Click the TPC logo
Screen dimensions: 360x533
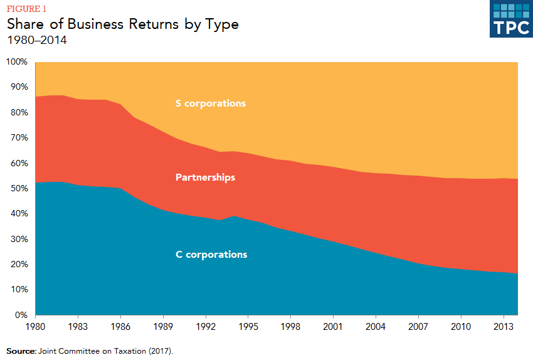(510, 19)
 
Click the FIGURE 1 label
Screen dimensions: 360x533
(26, 9)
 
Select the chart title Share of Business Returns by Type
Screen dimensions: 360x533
(122, 24)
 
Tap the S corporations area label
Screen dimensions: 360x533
(211, 103)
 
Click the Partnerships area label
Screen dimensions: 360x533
(206, 177)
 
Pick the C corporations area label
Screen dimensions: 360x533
(211, 255)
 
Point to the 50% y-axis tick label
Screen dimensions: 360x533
(18, 189)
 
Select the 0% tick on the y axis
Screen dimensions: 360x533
(21, 315)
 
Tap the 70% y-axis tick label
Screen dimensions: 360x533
(18, 138)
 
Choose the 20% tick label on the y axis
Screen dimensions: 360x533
(18, 265)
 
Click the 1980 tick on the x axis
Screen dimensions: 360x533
(35, 326)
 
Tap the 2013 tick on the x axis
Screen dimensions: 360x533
(503, 326)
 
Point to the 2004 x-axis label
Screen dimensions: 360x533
(376, 326)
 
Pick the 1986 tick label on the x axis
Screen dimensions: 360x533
(120, 326)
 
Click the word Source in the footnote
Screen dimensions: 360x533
(20, 351)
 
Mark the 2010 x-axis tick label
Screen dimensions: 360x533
(460, 326)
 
